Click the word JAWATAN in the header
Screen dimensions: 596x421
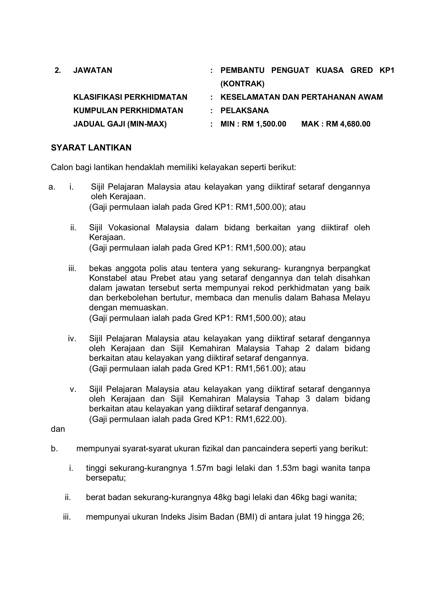click(x=93, y=70)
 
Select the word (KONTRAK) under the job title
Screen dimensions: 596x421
click(x=242, y=84)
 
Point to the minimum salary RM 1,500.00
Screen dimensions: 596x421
click(x=264, y=124)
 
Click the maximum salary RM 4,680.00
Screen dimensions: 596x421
click(x=348, y=124)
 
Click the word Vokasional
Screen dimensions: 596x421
click(x=129, y=228)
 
